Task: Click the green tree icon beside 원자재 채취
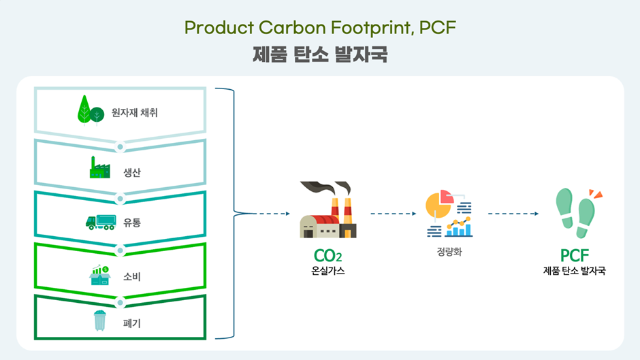(x=91, y=110)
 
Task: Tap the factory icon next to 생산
(x=99, y=167)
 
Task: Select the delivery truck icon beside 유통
(x=101, y=222)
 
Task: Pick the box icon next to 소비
(x=100, y=275)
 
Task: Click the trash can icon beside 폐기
(x=99, y=321)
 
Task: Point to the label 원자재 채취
(x=135, y=113)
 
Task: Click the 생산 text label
(x=132, y=172)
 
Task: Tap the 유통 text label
(x=132, y=223)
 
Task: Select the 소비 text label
(x=132, y=277)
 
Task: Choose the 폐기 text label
(x=132, y=323)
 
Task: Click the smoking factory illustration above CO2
(x=328, y=210)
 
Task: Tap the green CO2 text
(x=327, y=256)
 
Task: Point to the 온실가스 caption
(x=327, y=271)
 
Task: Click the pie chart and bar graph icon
(x=449, y=214)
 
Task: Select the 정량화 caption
(x=449, y=252)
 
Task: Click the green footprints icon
(x=578, y=212)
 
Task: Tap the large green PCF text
(x=574, y=256)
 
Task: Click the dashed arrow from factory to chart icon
(x=394, y=214)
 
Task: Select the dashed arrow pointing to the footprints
(x=513, y=214)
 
